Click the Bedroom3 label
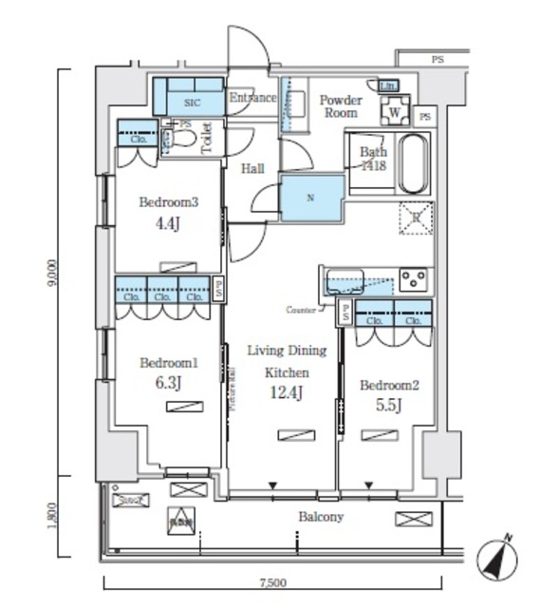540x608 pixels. pos(169,201)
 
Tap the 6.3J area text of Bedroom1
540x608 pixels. pos(168,383)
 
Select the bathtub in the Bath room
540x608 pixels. pos(414,163)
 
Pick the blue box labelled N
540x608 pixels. pos(310,198)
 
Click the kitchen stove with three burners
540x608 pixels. pos(414,279)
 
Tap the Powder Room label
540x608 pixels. pos(340,105)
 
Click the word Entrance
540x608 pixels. pos(253,98)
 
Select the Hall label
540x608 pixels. pos(251,169)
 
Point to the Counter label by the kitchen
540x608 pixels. pos(300,310)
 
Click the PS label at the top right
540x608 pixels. pos(438,59)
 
